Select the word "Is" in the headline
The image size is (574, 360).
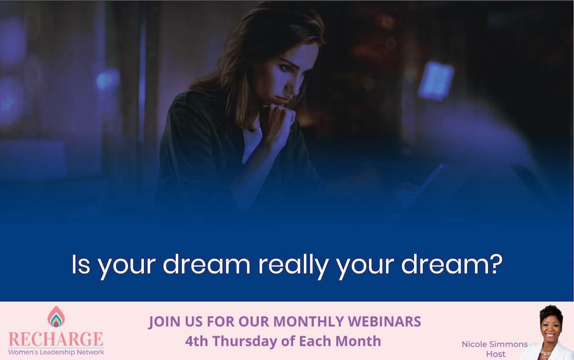[x=81, y=264]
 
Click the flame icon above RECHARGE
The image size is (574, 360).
[x=56, y=317]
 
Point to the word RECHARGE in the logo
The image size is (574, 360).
[x=56, y=339]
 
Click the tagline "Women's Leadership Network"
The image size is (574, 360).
[x=56, y=352]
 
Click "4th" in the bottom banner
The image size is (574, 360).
[x=198, y=341]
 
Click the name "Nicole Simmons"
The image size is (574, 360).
[x=495, y=344]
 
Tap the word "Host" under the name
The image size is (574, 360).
[x=495, y=354]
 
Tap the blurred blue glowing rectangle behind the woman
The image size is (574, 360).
[x=435, y=80]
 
